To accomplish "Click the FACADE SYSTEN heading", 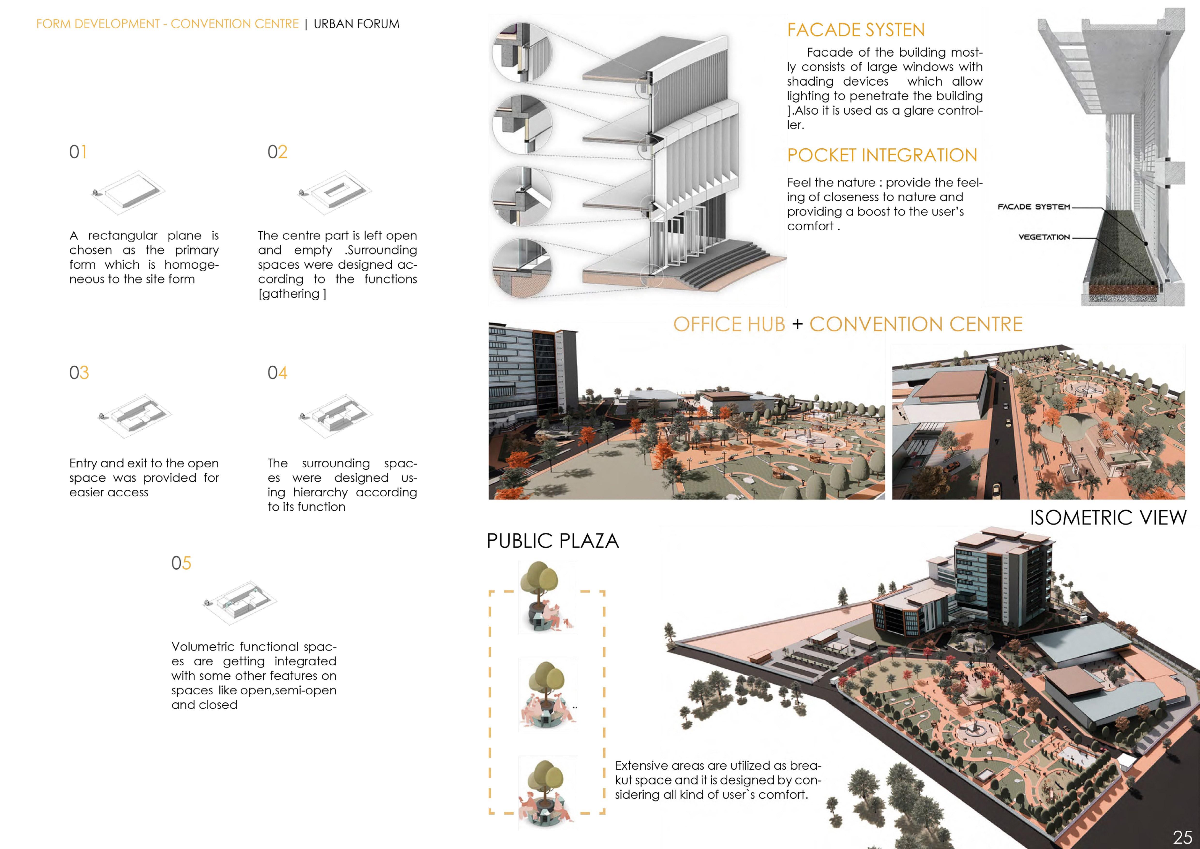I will pyautogui.click(x=856, y=30).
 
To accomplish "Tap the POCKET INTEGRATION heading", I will pyautogui.click(x=882, y=155).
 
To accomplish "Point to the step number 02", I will pyautogui.click(x=277, y=152).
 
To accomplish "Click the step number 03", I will pyautogui.click(x=79, y=373).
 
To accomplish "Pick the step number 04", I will pyautogui.click(x=277, y=373).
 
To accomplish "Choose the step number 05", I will pyautogui.click(x=181, y=563).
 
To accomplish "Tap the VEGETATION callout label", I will pyautogui.click(x=1044, y=237).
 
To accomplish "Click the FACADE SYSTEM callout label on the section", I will pyautogui.click(x=1033, y=207).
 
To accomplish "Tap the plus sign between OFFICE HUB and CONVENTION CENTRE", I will pyautogui.click(x=797, y=324).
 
